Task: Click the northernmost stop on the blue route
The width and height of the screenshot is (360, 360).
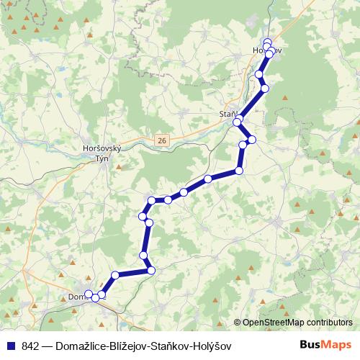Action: click(x=268, y=42)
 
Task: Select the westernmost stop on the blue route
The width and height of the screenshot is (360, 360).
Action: click(x=89, y=294)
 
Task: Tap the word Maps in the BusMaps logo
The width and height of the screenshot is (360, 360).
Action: click(x=336, y=346)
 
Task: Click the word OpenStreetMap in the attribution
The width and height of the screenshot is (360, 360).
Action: click(x=272, y=323)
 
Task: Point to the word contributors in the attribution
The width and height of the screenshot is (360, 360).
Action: click(x=328, y=323)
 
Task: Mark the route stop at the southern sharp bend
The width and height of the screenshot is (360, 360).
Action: click(x=151, y=270)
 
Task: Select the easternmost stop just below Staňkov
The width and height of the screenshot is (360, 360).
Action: click(x=252, y=139)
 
